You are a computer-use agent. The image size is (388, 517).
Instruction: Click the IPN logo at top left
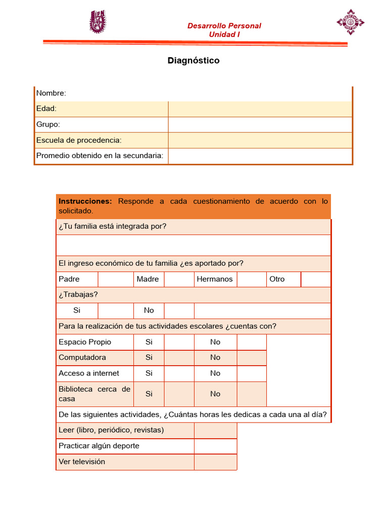(x=99, y=22)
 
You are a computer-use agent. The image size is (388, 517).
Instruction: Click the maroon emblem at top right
(x=350, y=22)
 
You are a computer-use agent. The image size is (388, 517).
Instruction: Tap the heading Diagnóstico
(x=193, y=61)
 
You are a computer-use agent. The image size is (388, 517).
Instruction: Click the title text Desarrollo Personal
(x=224, y=26)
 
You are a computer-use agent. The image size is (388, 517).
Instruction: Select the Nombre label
(x=51, y=93)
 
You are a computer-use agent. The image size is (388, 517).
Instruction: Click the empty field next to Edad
(x=260, y=109)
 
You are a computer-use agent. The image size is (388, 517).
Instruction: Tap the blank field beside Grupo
(x=260, y=125)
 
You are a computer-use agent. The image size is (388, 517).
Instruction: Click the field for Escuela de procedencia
(x=260, y=140)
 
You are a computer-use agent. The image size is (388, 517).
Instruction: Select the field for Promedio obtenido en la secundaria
(x=260, y=156)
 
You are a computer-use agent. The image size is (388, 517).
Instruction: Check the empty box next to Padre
(x=115, y=279)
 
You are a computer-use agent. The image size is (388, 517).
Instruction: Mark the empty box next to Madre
(x=179, y=279)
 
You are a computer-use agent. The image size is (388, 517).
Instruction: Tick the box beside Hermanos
(x=251, y=279)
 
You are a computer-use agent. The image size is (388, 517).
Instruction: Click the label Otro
(x=277, y=279)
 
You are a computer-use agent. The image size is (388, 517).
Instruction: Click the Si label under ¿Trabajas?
(x=77, y=311)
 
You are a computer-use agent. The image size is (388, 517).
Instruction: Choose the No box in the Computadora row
(x=251, y=357)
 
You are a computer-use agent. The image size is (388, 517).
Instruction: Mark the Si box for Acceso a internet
(x=179, y=374)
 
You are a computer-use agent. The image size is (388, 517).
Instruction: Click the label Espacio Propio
(x=85, y=342)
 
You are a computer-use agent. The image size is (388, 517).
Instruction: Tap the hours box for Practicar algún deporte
(x=215, y=446)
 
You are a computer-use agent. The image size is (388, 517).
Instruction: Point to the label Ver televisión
(x=82, y=461)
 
